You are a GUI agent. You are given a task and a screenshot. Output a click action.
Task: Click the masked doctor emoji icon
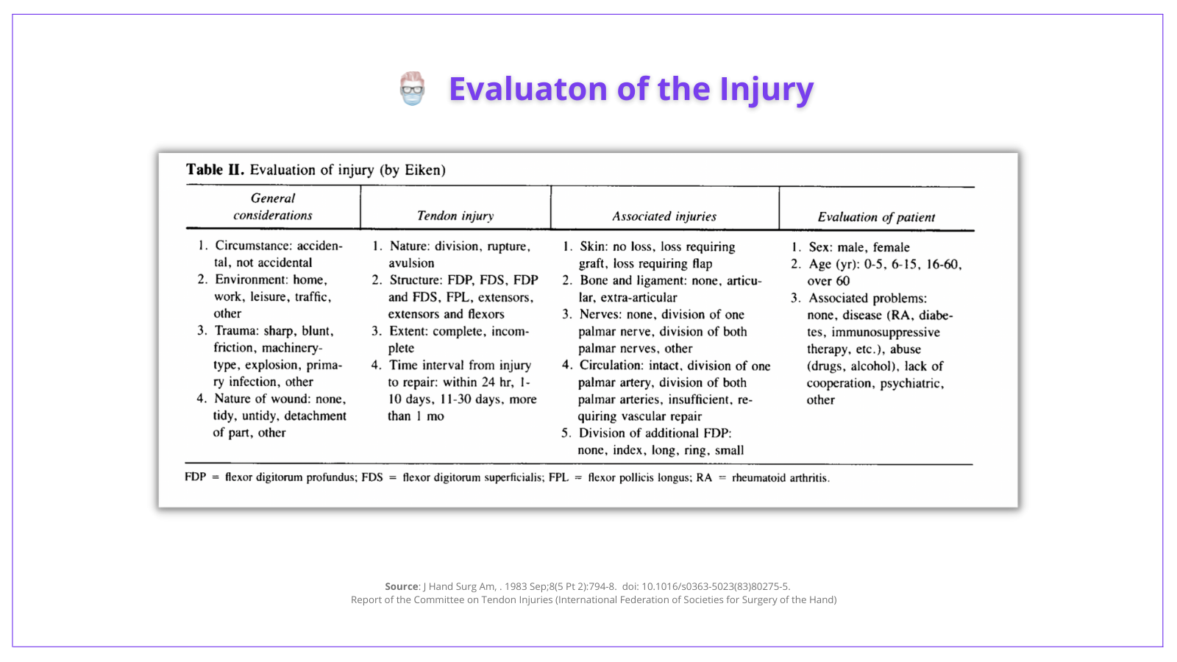point(413,88)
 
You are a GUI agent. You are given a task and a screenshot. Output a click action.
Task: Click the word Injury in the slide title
point(767,89)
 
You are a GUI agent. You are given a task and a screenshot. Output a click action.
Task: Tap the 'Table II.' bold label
point(214,170)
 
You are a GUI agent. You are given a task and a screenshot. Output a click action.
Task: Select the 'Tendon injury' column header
point(455,216)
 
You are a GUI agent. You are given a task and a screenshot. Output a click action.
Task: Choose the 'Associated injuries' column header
point(664,216)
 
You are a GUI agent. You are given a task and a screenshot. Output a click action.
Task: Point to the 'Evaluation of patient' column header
point(876,217)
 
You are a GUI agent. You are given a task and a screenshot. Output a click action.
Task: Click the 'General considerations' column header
point(273,207)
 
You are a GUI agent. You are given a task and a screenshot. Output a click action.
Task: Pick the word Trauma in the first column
point(235,331)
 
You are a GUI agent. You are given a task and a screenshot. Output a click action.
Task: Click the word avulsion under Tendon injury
point(411,263)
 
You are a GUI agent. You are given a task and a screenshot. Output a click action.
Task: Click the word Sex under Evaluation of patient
point(819,248)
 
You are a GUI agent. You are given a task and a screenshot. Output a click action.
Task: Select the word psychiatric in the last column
point(911,383)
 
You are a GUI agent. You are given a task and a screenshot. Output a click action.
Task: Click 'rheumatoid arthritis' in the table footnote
point(780,478)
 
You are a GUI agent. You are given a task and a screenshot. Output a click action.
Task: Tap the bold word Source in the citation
point(402,587)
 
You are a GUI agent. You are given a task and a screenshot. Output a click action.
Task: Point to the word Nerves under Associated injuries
point(600,315)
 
